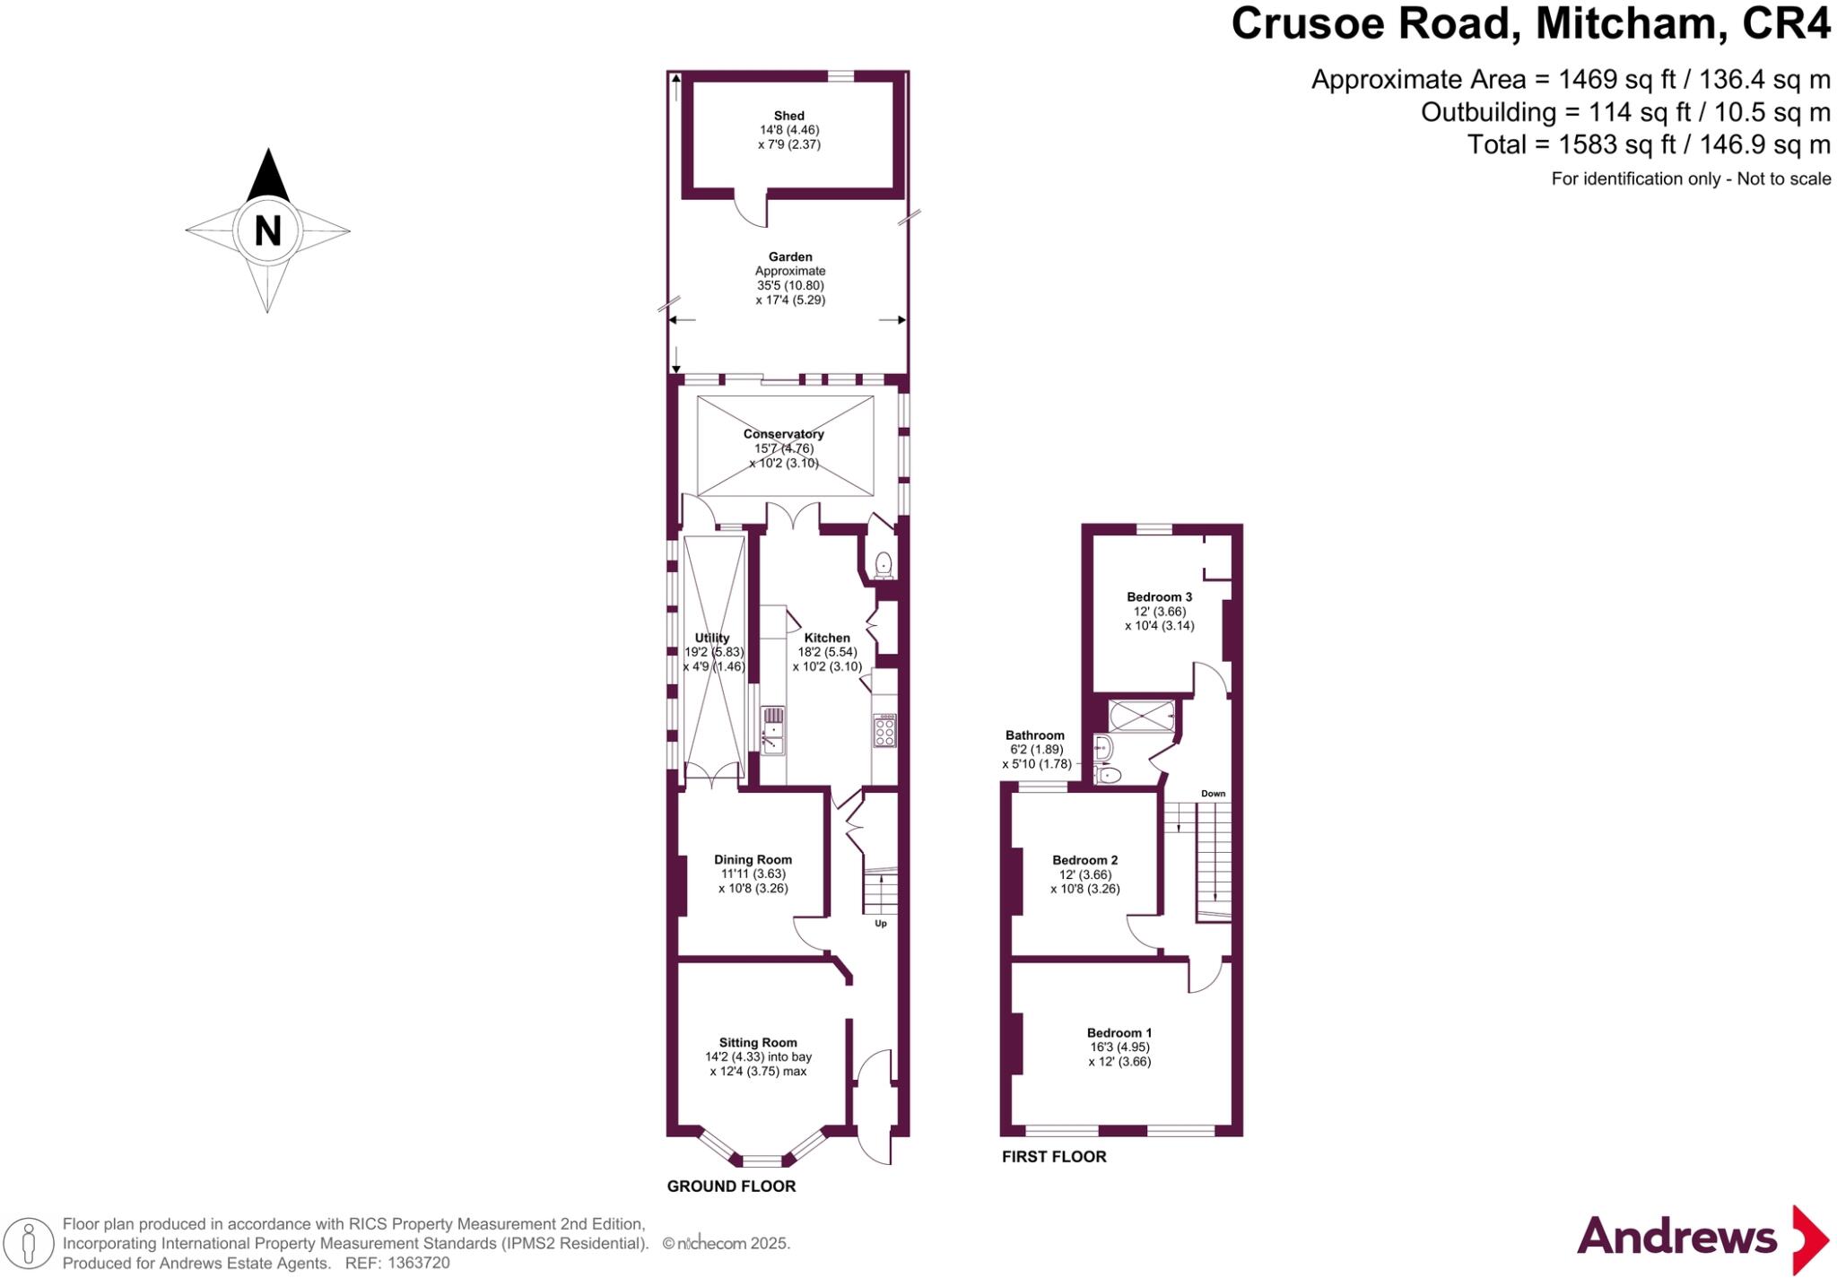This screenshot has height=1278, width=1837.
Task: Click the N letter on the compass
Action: point(267,230)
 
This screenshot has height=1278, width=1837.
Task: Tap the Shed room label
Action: point(788,116)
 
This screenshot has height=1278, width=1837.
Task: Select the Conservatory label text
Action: point(783,434)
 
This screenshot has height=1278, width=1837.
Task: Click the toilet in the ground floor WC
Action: point(884,564)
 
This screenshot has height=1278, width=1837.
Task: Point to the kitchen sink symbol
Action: point(772,729)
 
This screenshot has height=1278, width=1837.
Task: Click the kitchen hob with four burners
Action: point(884,730)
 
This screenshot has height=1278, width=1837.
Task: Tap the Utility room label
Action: point(712,639)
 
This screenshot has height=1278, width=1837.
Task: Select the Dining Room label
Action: point(753,859)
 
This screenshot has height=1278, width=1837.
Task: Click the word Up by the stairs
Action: point(880,923)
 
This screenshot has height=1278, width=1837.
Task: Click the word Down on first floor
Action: point(1213,794)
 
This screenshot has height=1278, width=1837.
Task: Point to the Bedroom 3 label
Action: point(1159,597)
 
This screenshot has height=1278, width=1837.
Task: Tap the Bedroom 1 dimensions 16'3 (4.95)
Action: point(1119,1047)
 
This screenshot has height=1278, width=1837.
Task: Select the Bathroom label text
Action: point(1035,735)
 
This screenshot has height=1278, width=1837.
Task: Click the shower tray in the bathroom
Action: point(1141,717)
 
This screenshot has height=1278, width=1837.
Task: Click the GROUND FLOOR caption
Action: point(731,1187)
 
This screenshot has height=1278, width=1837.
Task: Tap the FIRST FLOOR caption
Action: point(1054,1157)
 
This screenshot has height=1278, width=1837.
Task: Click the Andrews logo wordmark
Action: point(1676,1238)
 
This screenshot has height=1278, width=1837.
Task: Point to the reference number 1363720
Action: point(418,1263)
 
